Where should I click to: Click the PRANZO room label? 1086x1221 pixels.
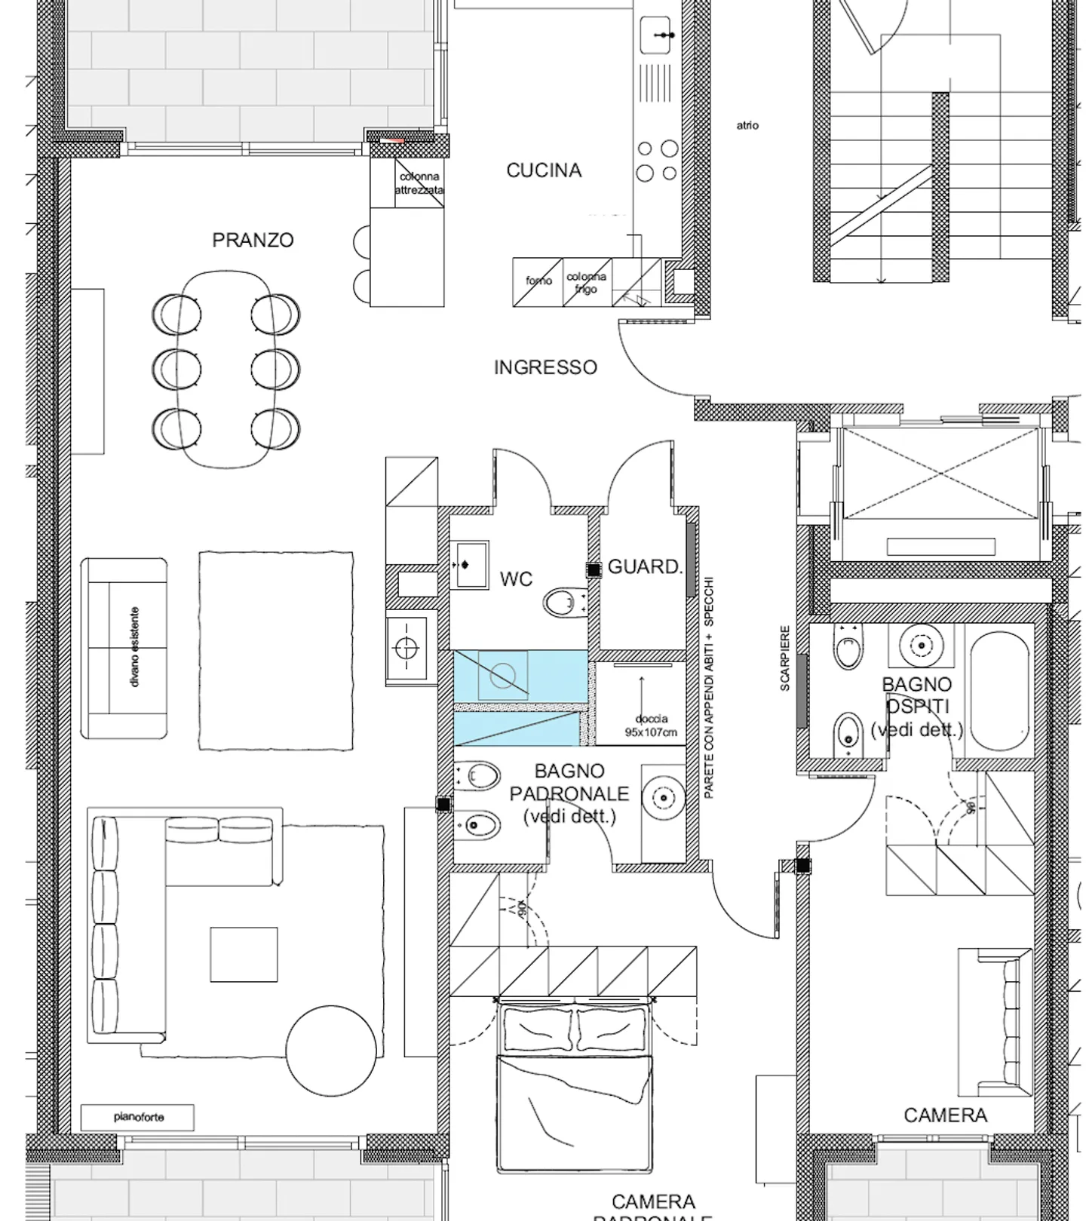point(253,240)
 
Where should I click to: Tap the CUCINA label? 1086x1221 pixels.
point(544,170)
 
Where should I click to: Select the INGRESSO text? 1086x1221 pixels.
point(545,367)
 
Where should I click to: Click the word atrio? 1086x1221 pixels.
point(747,125)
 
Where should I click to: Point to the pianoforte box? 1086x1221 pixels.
point(138,1117)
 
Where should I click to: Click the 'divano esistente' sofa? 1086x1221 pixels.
point(124,648)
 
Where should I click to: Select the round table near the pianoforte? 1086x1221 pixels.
point(331,1051)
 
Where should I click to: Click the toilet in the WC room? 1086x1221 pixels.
point(561,603)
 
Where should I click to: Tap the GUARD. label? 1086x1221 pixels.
point(645,567)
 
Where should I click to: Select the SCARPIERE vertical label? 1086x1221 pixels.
point(784,658)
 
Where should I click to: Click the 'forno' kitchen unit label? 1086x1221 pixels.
point(538,281)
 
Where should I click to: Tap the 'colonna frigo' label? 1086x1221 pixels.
point(586,283)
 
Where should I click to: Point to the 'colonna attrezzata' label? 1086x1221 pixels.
point(419,183)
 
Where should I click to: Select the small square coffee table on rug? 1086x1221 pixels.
point(244,954)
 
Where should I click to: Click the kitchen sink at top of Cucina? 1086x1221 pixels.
point(655,35)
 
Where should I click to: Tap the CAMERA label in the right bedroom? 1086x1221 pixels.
point(945,1115)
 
